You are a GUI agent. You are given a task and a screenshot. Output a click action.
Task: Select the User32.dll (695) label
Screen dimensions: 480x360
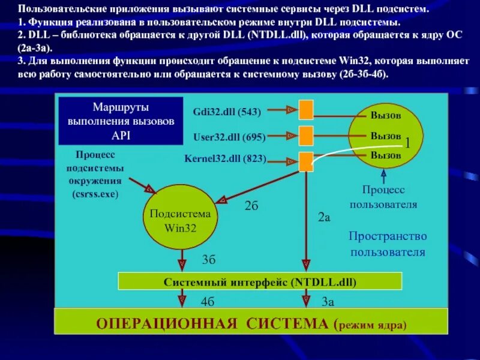tap(229, 137)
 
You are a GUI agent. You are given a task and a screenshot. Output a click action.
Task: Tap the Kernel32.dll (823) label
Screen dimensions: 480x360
tap(226, 160)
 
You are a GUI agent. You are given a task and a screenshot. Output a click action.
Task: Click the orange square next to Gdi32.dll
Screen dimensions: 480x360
tap(307, 110)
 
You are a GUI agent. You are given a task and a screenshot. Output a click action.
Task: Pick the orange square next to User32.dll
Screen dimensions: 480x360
tap(307, 136)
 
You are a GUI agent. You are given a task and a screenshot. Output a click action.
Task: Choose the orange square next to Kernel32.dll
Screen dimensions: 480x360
tap(307, 161)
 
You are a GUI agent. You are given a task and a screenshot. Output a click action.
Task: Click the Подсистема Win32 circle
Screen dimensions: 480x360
tap(180, 221)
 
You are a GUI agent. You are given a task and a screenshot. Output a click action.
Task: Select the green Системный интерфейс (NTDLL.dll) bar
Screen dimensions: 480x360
tap(259, 281)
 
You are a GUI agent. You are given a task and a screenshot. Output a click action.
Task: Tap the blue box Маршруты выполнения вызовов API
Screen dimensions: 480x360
tap(121, 121)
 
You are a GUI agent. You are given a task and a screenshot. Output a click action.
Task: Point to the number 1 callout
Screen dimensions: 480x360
tap(407, 143)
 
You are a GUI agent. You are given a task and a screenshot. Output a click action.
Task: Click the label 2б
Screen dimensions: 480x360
tap(251, 206)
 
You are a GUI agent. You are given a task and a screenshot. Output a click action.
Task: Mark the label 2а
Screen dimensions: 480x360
tap(324, 218)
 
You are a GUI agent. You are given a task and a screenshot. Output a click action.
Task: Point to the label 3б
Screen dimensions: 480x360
tap(208, 260)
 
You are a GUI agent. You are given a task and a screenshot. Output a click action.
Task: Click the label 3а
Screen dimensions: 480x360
tap(328, 302)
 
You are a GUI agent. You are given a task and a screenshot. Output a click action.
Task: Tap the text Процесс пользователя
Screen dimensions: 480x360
tap(383, 197)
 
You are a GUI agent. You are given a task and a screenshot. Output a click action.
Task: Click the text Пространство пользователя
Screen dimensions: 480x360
tap(388, 244)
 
